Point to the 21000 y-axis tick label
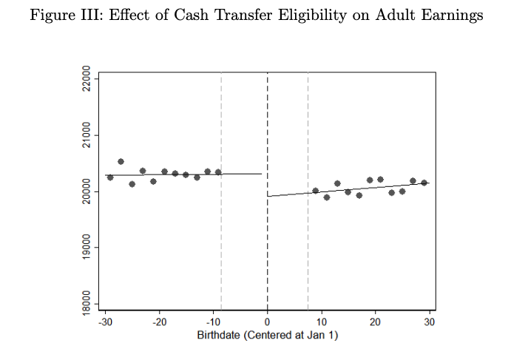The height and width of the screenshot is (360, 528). [x=86, y=135]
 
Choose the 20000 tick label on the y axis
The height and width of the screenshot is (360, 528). [x=86, y=191]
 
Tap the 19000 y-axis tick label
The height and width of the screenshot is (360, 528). [x=86, y=248]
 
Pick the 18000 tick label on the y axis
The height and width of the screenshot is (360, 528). [x=86, y=303]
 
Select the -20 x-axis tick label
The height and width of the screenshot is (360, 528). [x=158, y=322]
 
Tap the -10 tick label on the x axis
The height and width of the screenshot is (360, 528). [x=212, y=322]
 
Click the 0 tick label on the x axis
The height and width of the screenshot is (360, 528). [x=267, y=322]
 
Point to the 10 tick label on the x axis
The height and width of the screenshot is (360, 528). [x=321, y=322]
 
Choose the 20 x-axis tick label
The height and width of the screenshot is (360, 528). [x=376, y=322]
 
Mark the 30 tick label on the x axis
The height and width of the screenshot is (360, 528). [x=430, y=322]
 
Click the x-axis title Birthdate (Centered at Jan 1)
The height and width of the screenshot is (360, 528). [x=267, y=336]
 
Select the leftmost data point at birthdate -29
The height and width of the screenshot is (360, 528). [x=110, y=177]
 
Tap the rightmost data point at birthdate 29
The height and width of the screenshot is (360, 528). [x=424, y=183]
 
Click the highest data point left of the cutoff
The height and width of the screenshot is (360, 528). [x=121, y=161]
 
